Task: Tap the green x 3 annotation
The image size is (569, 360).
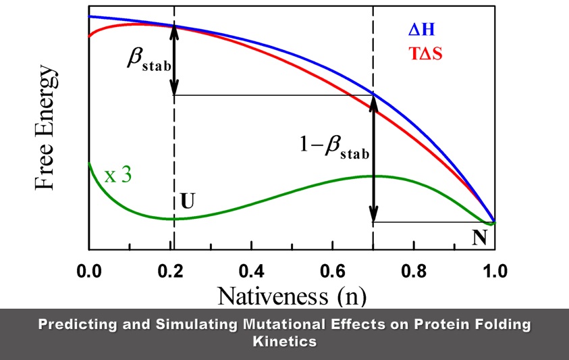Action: (117, 176)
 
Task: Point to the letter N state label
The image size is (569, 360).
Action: (480, 238)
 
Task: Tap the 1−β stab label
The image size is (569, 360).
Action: (335, 145)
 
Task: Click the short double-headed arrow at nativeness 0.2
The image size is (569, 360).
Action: (174, 59)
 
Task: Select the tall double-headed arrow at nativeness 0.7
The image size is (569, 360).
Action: (373, 159)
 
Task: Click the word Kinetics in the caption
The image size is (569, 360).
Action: (284, 341)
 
